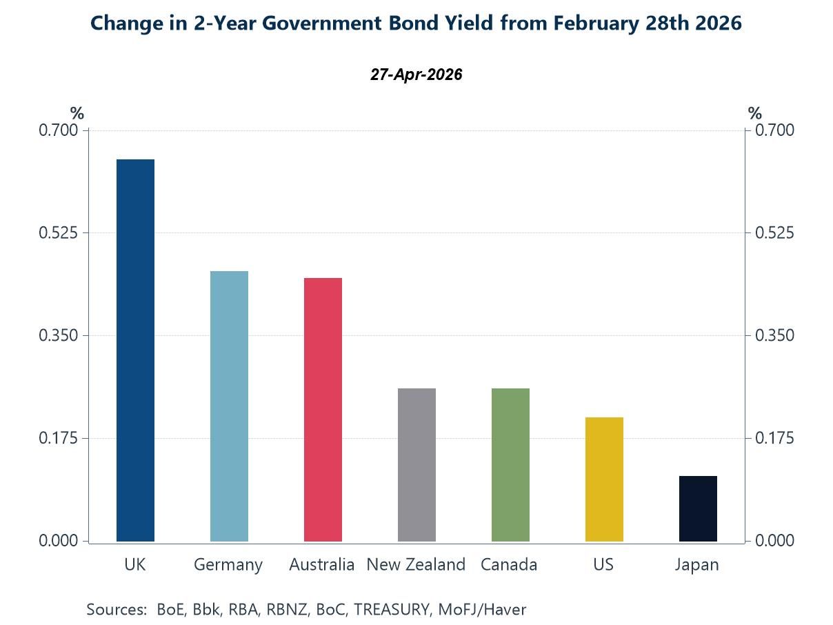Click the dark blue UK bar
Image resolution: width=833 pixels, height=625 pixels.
(x=135, y=350)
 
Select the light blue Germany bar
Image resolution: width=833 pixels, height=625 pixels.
(x=229, y=406)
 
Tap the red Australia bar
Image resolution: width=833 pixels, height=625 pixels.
(x=323, y=410)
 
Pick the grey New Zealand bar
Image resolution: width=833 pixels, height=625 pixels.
(x=417, y=465)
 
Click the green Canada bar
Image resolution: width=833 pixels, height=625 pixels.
(x=510, y=465)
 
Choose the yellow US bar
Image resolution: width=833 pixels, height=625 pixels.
(x=604, y=479)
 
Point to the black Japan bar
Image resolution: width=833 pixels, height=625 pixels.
(x=698, y=508)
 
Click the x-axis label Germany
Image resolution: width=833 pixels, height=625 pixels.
(x=228, y=565)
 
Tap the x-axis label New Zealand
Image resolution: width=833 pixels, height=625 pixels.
(x=416, y=564)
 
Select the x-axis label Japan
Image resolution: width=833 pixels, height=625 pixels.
(x=697, y=565)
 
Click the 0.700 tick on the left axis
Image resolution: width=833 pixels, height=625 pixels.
(x=58, y=130)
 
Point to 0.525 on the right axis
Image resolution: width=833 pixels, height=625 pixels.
(x=775, y=233)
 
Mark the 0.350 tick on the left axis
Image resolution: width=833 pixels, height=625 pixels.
(x=58, y=336)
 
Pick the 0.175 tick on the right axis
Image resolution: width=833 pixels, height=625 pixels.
(x=775, y=439)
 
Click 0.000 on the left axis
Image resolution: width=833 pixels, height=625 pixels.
(x=58, y=541)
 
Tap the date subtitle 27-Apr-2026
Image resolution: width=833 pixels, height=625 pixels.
(x=416, y=75)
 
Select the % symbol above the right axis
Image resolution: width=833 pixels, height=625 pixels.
(x=755, y=114)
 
